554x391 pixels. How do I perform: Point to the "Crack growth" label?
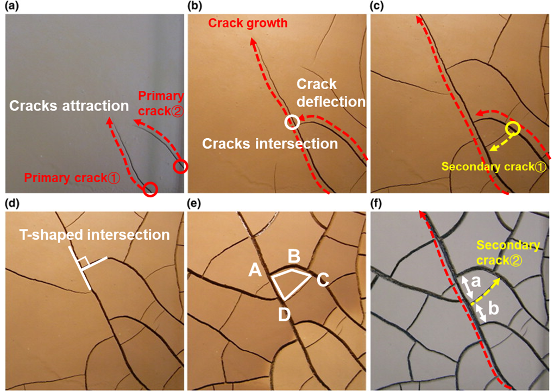[248, 23]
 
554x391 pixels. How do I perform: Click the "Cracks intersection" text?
[270, 144]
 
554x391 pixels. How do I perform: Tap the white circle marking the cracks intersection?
[292, 122]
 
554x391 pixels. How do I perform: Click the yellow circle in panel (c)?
[512, 129]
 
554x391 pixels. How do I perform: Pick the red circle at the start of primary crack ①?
[151, 189]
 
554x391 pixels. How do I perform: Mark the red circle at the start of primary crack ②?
[181, 166]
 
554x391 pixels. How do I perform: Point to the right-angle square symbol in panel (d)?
[83, 264]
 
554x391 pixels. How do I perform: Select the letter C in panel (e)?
[323, 280]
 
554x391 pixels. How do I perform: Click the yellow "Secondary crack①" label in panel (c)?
[493, 167]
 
